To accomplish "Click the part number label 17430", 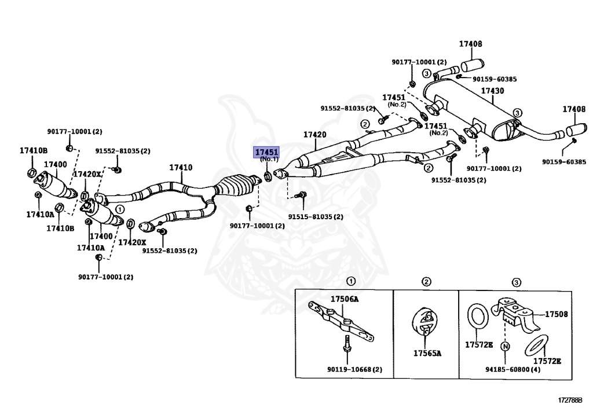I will click(x=492, y=91).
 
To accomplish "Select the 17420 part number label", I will click(x=315, y=135).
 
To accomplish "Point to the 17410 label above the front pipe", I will click(x=180, y=168).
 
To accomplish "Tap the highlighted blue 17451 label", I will click(x=267, y=152).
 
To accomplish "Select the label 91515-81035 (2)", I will click(x=316, y=217).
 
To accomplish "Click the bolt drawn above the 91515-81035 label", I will click(x=301, y=196).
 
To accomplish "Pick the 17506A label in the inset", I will click(x=345, y=299).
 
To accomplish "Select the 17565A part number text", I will click(x=427, y=353).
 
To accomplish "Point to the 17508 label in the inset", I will click(x=556, y=314).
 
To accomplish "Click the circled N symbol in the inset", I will click(x=505, y=347).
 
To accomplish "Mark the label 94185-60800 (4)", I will click(x=513, y=369).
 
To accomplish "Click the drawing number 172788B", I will click(x=570, y=400).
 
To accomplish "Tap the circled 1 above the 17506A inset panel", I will click(x=350, y=282).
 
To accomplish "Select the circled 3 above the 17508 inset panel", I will click(x=516, y=282).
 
